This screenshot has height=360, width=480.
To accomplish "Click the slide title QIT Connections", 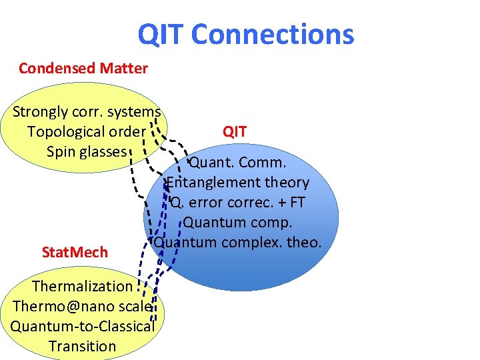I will (245, 35).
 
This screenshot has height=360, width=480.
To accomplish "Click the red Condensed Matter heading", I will (83, 68).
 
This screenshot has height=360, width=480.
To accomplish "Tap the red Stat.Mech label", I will (75, 253).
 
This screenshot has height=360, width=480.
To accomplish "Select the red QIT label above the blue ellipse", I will (235, 132).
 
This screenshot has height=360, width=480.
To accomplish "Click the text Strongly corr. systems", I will (87, 112).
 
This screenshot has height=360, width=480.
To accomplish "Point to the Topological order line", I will (86, 132).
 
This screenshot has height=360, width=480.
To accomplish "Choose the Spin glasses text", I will (87, 152).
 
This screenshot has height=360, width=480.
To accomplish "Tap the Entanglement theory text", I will (238, 183).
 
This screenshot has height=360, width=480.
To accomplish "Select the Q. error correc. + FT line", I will (238, 203).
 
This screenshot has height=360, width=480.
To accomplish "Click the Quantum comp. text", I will (238, 223).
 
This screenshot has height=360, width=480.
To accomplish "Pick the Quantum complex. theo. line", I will (238, 242).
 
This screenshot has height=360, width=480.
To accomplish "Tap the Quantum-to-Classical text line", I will (83, 327).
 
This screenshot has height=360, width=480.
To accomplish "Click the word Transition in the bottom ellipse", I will (83, 347).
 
